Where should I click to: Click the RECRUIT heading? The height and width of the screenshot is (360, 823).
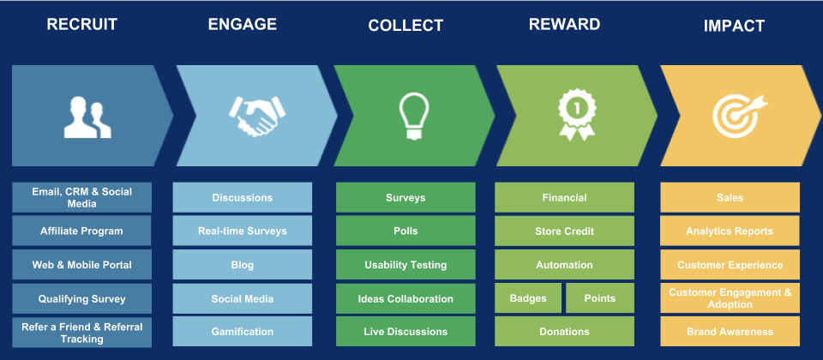pyautogui.click(x=82, y=24)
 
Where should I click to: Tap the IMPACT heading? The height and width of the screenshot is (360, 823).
pyautogui.click(x=734, y=26)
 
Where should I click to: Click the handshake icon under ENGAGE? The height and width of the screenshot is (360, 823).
pyautogui.click(x=257, y=116)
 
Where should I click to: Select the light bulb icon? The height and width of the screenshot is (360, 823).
pyautogui.click(x=413, y=116)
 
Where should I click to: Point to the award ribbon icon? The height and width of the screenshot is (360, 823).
pyautogui.click(x=576, y=114)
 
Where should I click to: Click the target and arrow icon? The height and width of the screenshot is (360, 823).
pyautogui.click(x=739, y=116)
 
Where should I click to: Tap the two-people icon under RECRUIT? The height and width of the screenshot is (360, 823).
pyautogui.click(x=87, y=117)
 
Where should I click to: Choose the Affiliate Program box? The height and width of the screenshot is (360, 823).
pyautogui.click(x=82, y=231)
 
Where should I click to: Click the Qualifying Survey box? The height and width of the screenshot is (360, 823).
pyautogui.click(x=82, y=299)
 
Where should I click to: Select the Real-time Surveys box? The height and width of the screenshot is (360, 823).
pyautogui.click(x=243, y=231)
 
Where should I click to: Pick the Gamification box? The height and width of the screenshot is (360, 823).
pyautogui.click(x=243, y=332)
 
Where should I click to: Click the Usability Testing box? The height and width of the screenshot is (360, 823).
pyautogui.click(x=405, y=265)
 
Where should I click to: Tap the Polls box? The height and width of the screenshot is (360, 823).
pyautogui.click(x=405, y=231)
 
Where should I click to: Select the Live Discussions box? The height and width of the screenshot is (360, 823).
pyautogui.click(x=405, y=332)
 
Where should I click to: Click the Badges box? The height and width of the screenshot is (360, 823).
pyautogui.click(x=528, y=298)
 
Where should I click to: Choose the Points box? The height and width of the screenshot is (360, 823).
pyautogui.click(x=600, y=298)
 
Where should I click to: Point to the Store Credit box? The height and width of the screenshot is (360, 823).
pyautogui.click(x=565, y=231)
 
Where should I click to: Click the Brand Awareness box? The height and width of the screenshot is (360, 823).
pyautogui.click(x=730, y=332)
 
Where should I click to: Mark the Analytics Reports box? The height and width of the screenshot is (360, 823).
pyautogui.click(x=730, y=231)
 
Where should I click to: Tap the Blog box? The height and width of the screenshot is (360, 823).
pyautogui.click(x=243, y=265)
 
